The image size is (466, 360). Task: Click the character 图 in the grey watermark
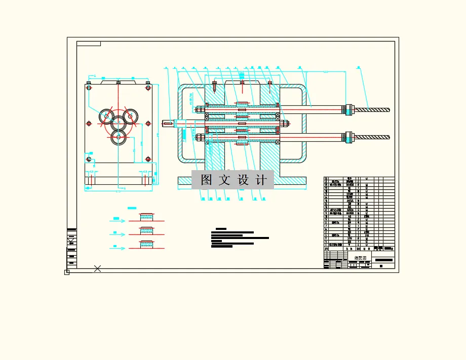(x=206, y=180)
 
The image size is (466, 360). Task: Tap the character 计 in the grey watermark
(x=261, y=180)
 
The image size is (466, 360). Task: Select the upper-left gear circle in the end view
(x=107, y=116)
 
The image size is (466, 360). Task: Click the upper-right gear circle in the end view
(x=130, y=116)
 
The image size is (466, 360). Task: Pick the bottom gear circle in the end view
(x=119, y=137)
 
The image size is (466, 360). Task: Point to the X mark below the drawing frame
(x=98, y=268)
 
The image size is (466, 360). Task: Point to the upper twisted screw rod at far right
(x=372, y=109)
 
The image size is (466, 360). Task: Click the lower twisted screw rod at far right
(x=372, y=137)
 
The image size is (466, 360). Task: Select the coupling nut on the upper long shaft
(x=348, y=109)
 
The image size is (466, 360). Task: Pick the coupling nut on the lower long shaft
(x=348, y=137)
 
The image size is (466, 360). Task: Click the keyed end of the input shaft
(x=168, y=123)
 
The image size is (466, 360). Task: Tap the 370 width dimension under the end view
(x=118, y=191)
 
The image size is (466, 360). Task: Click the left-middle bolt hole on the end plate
(x=89, y=123)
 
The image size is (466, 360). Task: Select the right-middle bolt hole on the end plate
(x=148, y=123)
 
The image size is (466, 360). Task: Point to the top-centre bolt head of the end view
(x=118, y=83)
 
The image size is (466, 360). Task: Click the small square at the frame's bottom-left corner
(x=67, y=272)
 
